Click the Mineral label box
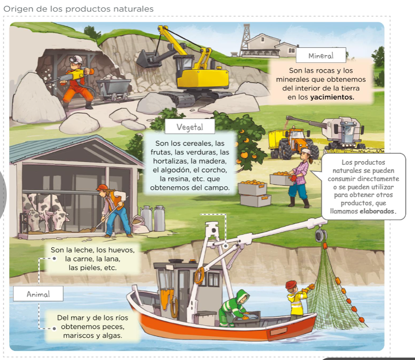pyautogui.click(x=321, y=55)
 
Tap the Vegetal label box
pyautogui.click(x=190, y=127)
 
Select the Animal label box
pyautogui.click(x=38, y=294)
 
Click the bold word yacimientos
pyautogui.click(x=332, y=97)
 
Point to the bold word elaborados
pyautogui.click(x=378, y=211)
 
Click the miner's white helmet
pyautogui.click(x=77, y=59)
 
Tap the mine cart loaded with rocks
pyautogui.click(x=113, y=86)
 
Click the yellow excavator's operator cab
pyautogui.click(x=184, y=66)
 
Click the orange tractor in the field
pyautogui.click(x=294, y=143)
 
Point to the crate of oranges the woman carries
pyautogui.click(x=282, y=179)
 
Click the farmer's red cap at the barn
pyautogui.click(x=102, y=187)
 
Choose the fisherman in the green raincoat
pyautogui.click(x=234, y=308)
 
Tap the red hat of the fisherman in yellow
pyautogui.click(x=291, y=285)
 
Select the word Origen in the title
pyautogui.click(x=18, y=9)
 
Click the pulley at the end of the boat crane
pyautogui.click(x=321, y=235)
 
